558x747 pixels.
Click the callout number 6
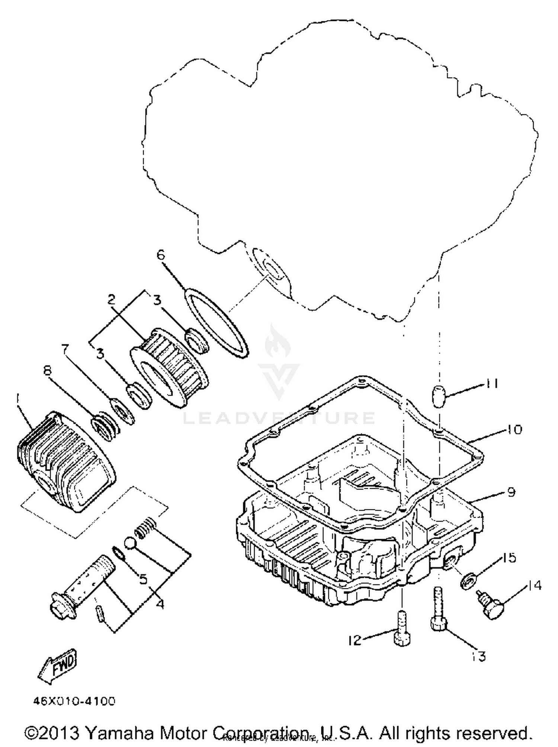160,255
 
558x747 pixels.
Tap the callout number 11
490,384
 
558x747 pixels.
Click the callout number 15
509,557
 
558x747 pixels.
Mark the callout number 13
480,656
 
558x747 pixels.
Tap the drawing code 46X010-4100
74,701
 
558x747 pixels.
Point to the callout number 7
65,349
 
